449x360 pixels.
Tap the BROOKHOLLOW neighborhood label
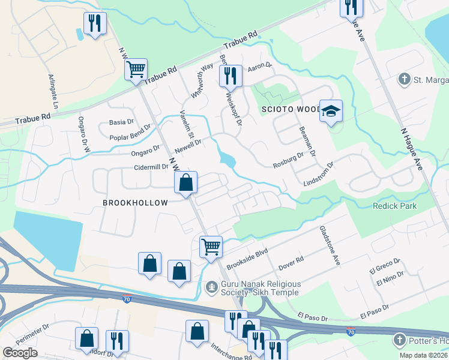click(x=135, y=203)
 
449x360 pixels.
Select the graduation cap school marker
click(x=331, y=112)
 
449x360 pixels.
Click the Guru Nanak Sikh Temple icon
click(x=211, y=287)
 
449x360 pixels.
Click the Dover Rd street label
click(x=291, y=262)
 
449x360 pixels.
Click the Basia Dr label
click(x=121, y=122)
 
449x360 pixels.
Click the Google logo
click(x=20, y=353)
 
